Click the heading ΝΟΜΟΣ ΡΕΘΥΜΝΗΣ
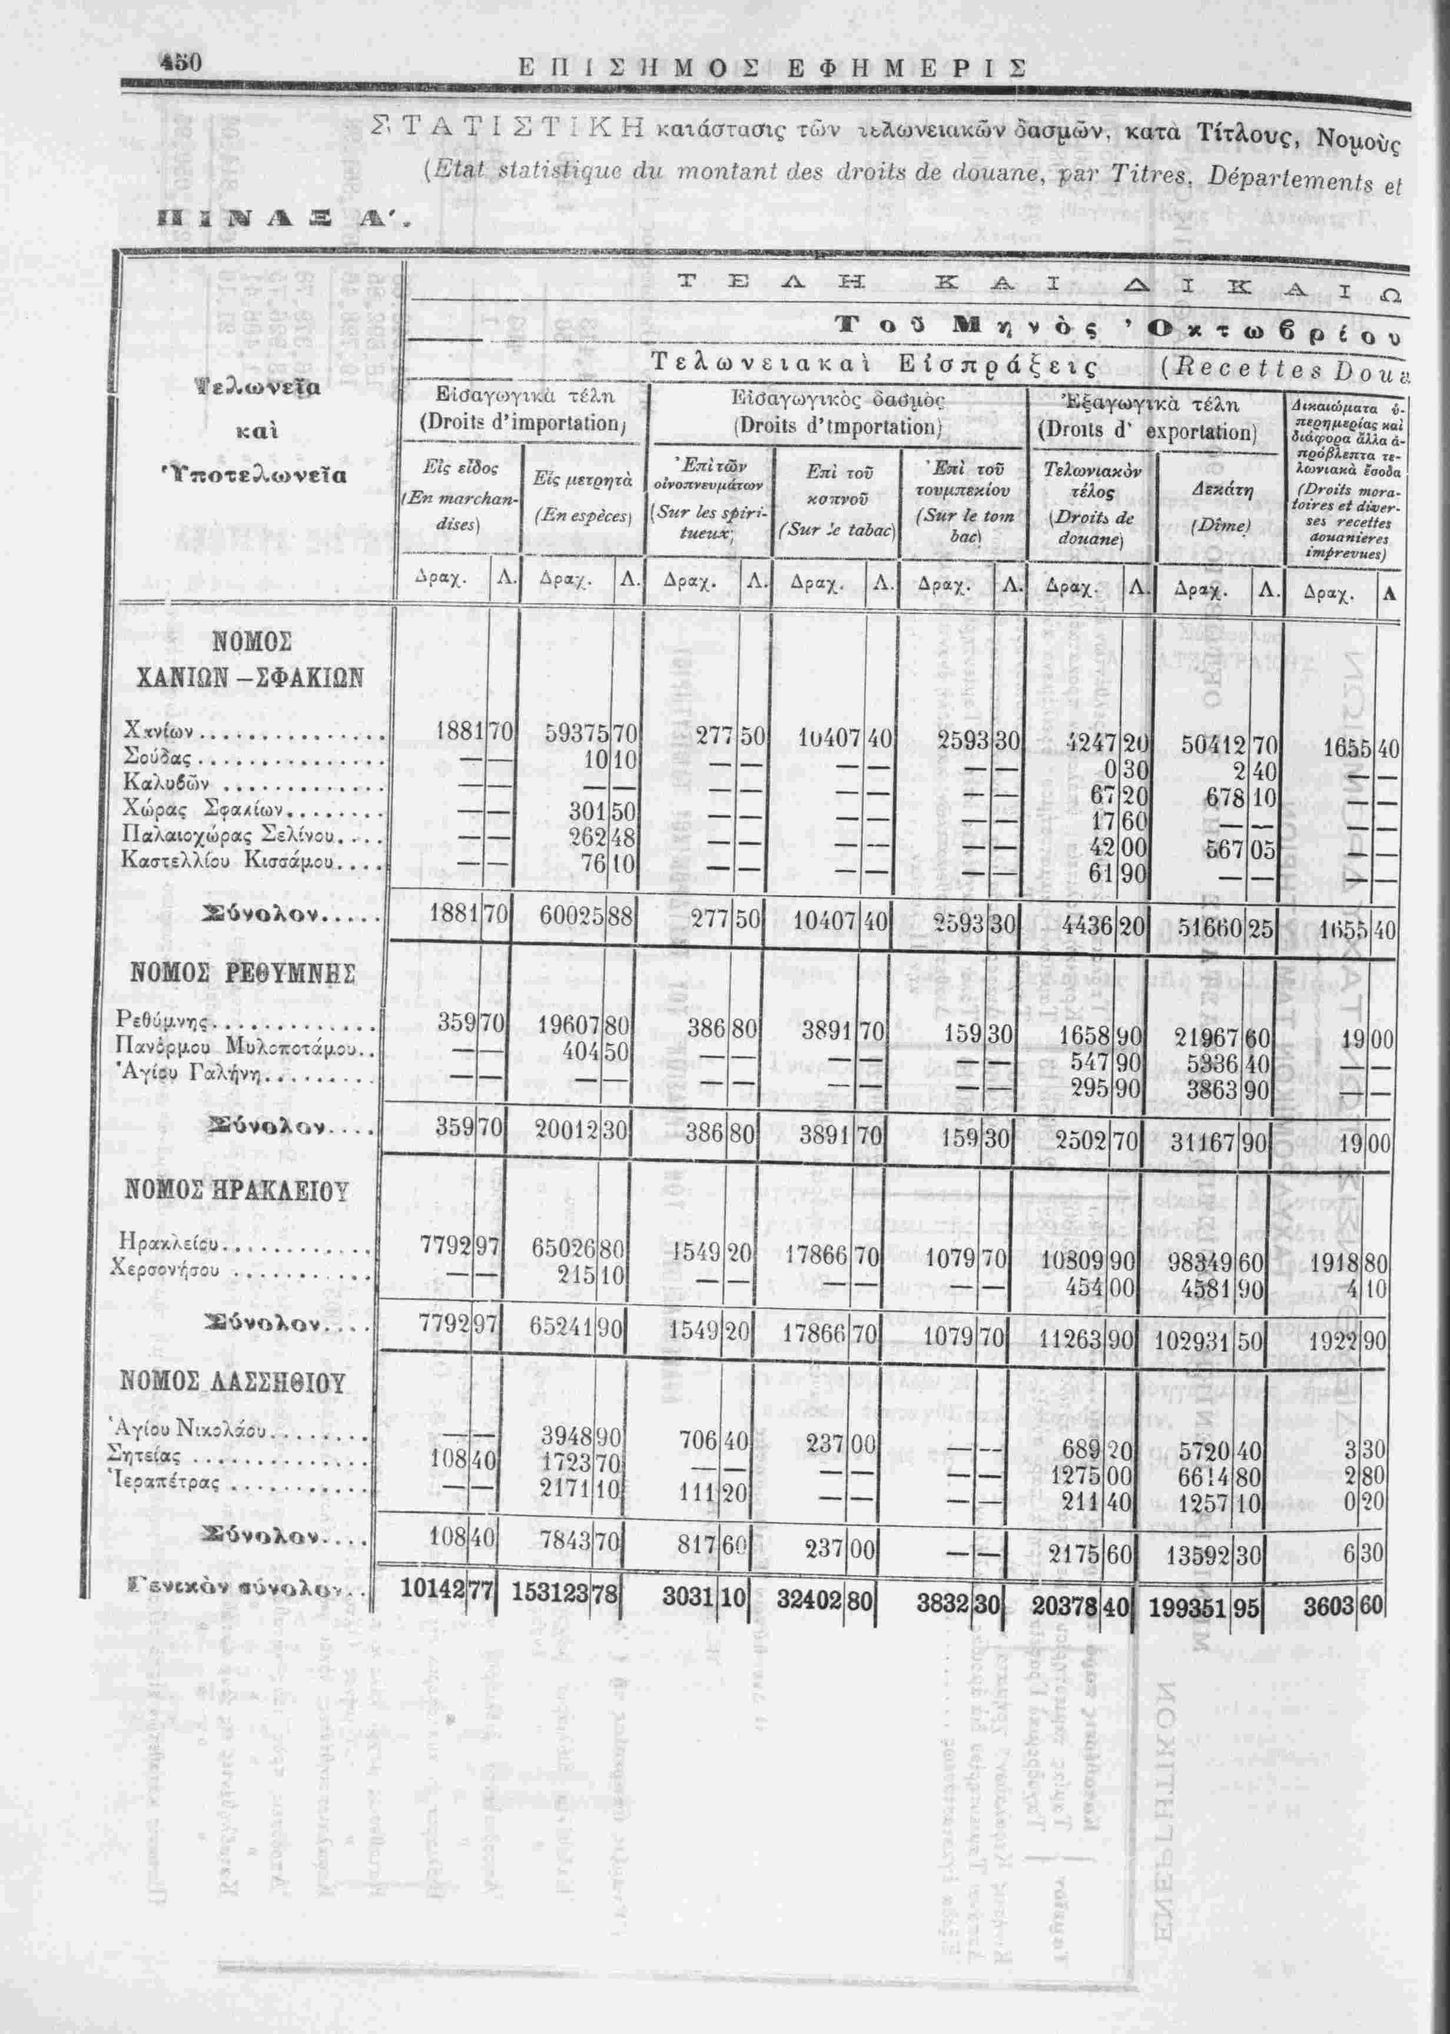[x=243, y=972]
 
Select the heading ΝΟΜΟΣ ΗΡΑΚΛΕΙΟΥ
[x=235, y=1190]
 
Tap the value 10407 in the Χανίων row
[x=829, y=737]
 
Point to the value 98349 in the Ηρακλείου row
[x=1196, y=1263]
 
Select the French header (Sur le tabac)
[x=836, y=529]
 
